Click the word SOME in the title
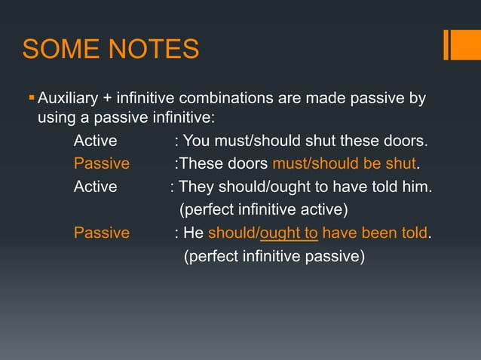(57, 50)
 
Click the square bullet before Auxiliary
(31, 97)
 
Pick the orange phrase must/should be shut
(344, 164)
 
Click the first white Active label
(95, 142)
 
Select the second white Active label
(95, 187)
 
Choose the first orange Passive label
(101, 164)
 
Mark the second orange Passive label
(101, 233)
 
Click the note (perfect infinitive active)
(262, 209)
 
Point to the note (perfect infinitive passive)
(274, 256)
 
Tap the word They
(195, 187)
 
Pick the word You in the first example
(198, 142)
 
